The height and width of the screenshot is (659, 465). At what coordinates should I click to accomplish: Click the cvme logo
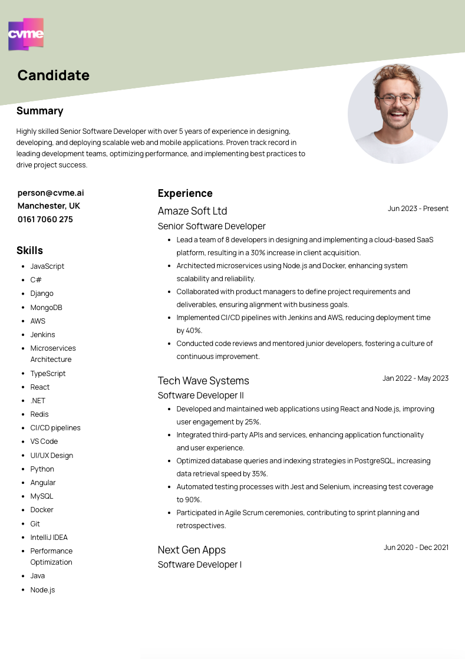[x=26, y=34]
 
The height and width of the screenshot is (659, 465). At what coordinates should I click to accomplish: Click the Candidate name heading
[x=53, y=75]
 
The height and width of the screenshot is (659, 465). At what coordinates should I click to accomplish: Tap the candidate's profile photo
[x=397, y=113]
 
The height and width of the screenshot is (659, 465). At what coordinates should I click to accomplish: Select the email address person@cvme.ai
[x=51, y=193]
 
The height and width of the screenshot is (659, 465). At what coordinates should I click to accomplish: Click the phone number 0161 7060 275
[x=45, y=219]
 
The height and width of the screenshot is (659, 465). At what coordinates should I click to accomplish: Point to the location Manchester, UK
[x=49, y=206]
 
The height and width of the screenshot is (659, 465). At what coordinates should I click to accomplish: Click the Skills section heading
[x=29, y=251]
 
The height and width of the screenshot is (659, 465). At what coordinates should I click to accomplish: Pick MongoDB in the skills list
[x=46, y=307]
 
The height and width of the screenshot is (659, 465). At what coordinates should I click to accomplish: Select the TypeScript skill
[x=48, y=373]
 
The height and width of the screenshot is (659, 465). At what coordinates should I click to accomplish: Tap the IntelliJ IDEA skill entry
[x=49, y=537]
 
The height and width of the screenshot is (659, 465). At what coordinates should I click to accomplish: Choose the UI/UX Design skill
[x=52, y=455]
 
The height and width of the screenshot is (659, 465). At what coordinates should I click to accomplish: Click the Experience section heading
[x=185, y=193]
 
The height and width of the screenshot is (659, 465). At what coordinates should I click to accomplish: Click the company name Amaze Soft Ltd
[x=192, y=211]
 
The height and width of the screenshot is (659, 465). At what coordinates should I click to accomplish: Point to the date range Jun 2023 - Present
[x=418, y=208]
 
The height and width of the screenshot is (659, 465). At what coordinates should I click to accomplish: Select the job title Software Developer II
[x=200, y=395]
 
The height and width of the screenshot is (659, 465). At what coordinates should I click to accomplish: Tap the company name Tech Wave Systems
[x=203, y=381]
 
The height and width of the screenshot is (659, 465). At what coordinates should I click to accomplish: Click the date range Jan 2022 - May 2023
[x=415, y=378]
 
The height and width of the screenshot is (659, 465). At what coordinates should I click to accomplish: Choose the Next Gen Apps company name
[x=192, y=550]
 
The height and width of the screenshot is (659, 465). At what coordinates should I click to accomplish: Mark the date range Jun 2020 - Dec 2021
[x=416, y=547]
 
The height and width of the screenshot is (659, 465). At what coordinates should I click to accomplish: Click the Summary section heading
[x=39, y=111]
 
